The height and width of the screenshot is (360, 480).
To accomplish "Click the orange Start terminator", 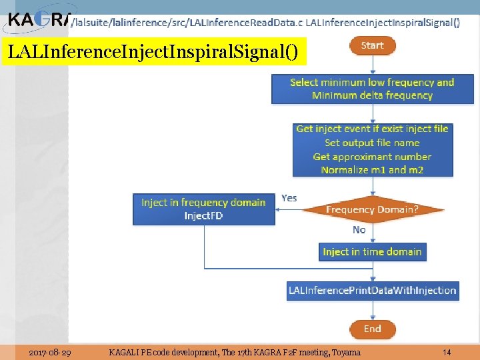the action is coord(372,46).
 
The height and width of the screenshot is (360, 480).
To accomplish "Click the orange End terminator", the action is coord(372,329).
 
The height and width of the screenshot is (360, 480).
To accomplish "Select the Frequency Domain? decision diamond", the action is coord(372,209).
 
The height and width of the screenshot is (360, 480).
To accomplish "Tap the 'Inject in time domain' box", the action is coord(372,251).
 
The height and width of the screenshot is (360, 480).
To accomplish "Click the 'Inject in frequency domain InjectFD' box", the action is coord(203,209).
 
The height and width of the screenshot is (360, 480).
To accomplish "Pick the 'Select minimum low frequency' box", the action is coord(372,89).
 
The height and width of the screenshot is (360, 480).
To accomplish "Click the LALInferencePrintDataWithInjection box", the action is coord(372,290).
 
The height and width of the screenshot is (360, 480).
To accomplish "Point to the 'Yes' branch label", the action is coord(289,198).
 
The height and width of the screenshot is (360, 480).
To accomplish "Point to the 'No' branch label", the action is coord(359,229).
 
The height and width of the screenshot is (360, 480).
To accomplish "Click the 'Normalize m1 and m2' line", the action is coord(372,170).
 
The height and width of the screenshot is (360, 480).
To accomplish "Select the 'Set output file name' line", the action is coord(372,143).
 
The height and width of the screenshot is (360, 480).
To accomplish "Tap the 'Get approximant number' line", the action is coord(372,157).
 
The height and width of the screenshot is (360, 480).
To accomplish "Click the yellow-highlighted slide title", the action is coord(154,51).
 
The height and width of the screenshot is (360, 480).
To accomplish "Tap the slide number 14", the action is coord(447,352).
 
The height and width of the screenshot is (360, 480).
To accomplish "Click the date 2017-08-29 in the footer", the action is coord(51,352).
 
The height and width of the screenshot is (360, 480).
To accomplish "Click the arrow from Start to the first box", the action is coord(372,65).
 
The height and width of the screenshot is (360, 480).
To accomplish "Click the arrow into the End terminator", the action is coord(372,311).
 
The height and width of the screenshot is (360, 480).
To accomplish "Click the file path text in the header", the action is coord(187,22).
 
